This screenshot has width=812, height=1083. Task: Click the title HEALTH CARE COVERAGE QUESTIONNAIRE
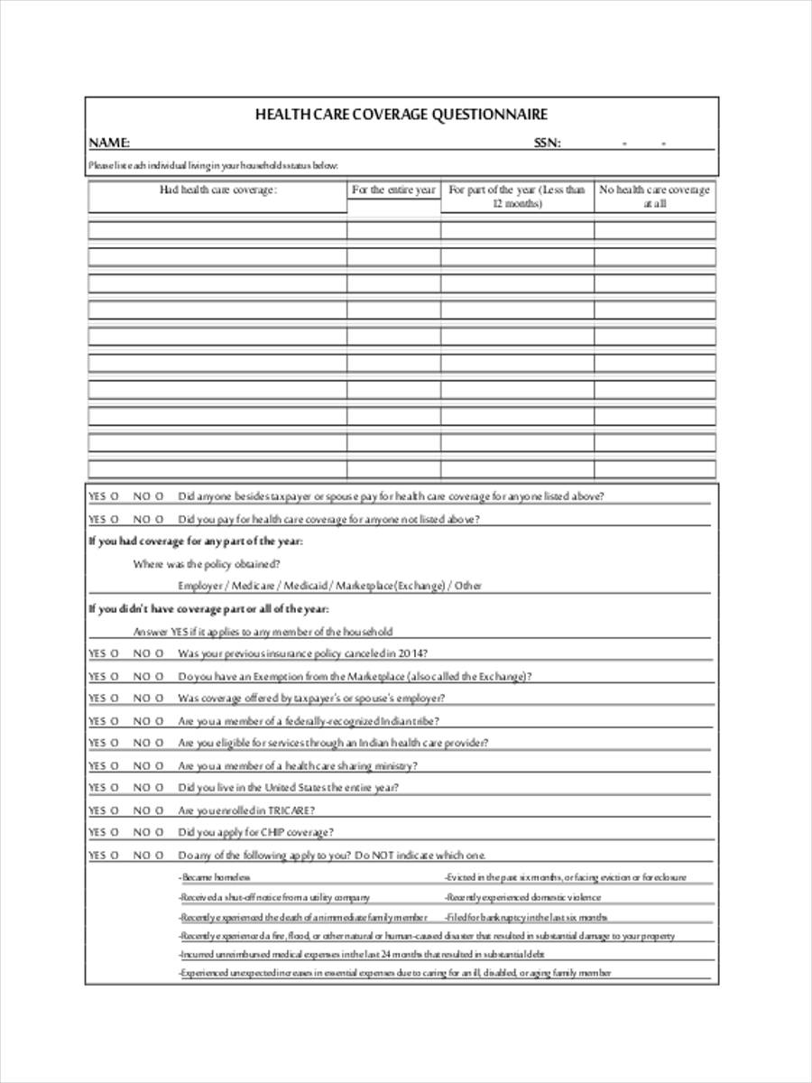click(401, 115)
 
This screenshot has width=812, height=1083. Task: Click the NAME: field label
click(108, 143)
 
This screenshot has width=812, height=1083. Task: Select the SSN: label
click(547, 143)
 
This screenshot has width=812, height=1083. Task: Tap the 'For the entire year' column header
click(393, 190)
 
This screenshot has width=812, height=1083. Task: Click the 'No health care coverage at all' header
click(654, 197)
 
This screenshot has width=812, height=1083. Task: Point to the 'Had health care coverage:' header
click(217, 190)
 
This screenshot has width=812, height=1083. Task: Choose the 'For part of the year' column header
click(516, 197)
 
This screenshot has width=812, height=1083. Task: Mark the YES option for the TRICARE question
click(103, 810)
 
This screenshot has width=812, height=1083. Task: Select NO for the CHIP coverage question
click(149, 832)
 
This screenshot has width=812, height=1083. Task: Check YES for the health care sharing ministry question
click(103, 765)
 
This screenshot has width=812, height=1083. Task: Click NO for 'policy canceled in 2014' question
click(149, 653)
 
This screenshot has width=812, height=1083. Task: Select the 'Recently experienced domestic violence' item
click(522, 898)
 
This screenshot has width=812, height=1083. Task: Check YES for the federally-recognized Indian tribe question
click(103, 721)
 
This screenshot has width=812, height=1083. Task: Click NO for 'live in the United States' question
click(149, 788)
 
